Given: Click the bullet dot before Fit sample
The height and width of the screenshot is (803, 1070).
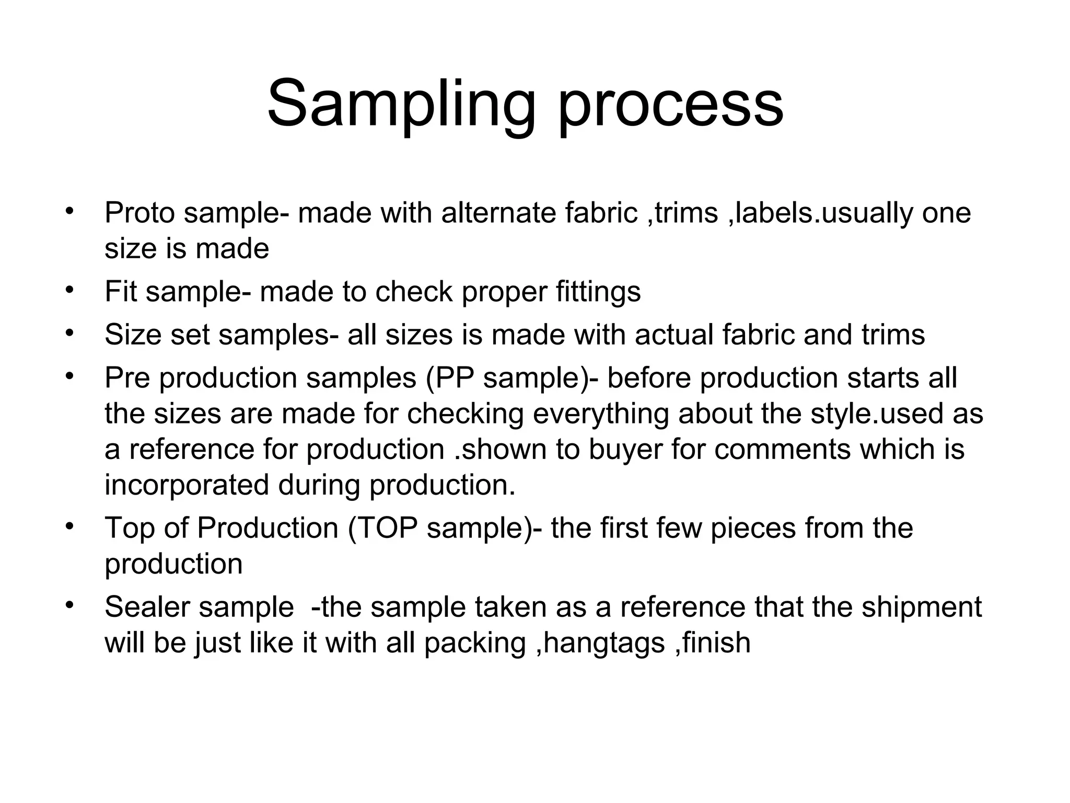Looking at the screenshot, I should [x=68, y=289].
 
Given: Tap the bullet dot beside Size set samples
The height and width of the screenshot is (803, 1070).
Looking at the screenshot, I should [x=68, y=332].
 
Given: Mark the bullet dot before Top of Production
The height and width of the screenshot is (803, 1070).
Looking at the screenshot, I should [x=68, y=525].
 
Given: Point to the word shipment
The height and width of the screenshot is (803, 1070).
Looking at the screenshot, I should [x=922, y=607].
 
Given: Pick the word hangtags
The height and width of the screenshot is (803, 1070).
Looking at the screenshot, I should [x=603, y=643].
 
